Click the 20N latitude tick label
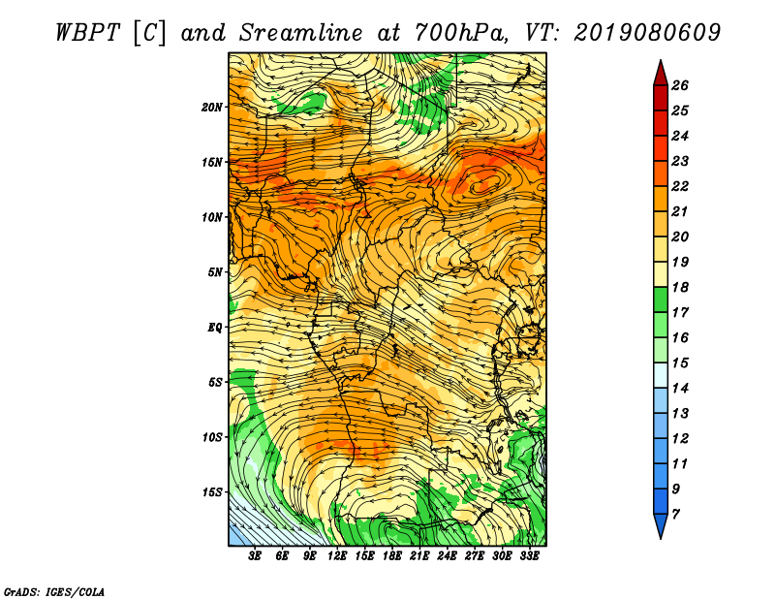point(212,107)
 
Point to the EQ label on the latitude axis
point(215,327)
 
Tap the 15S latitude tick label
point(212,492)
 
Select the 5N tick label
point(215,272)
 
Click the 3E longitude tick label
point(255,556)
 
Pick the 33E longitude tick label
point(529,556)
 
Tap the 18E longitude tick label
point(392,556)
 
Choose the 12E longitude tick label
point(337,556)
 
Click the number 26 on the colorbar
point(680,85)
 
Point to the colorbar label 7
point(675,515)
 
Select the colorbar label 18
point(680,287)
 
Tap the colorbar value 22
point(680,186)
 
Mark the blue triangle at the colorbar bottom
point(661,523)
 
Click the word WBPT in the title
point(87,33)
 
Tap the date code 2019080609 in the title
point(647,33)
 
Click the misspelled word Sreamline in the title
point(301,33)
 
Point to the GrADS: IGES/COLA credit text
point(54,592)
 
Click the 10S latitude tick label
point(212,437)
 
